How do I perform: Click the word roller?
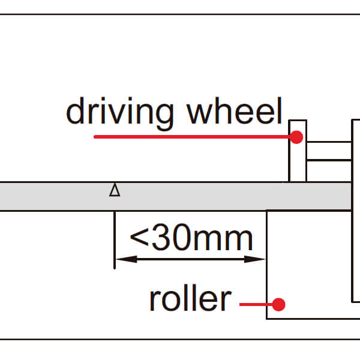tap(189, 298)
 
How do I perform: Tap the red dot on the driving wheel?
tap(296, 137)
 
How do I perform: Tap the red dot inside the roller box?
tap(278, 304)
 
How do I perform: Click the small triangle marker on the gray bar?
tap(115, 191)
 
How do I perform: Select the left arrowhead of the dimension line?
tap(121, 259)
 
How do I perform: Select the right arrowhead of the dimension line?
tap(259, 259)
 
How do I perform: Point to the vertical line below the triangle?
tap(114, 240)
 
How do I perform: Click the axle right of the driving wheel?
tap(329, 151)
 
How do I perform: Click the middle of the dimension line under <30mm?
tap(190, 259)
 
